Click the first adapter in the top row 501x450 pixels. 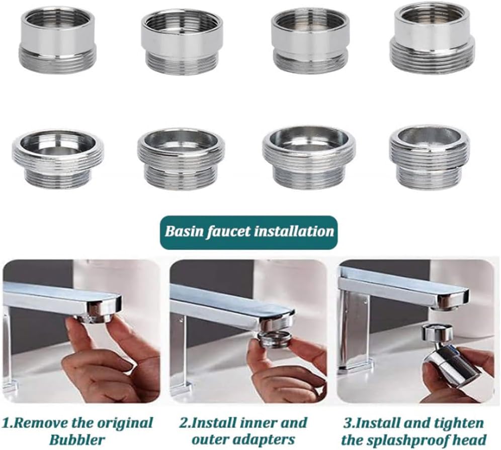point(58,40)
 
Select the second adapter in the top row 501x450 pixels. point(182,42)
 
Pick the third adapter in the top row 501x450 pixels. point(310,42)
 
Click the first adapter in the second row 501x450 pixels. point(58,159)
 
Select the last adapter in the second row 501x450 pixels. point(430,158)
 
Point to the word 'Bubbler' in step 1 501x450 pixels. point(77,439)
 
